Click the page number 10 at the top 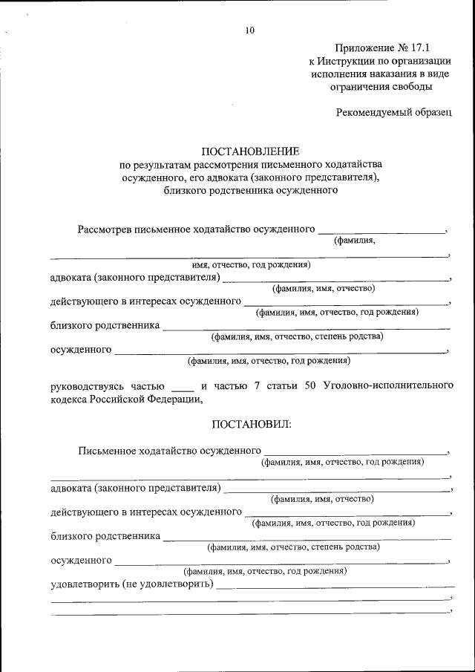(x=249, y=30)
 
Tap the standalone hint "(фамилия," (x=354, y=240)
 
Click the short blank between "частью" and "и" (x=182, y=388)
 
